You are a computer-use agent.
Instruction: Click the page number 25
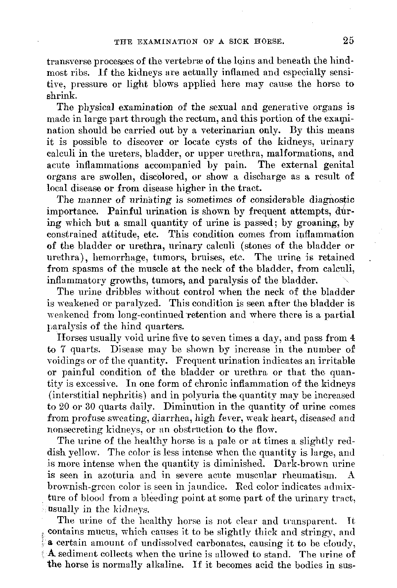[x=348, y=40]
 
